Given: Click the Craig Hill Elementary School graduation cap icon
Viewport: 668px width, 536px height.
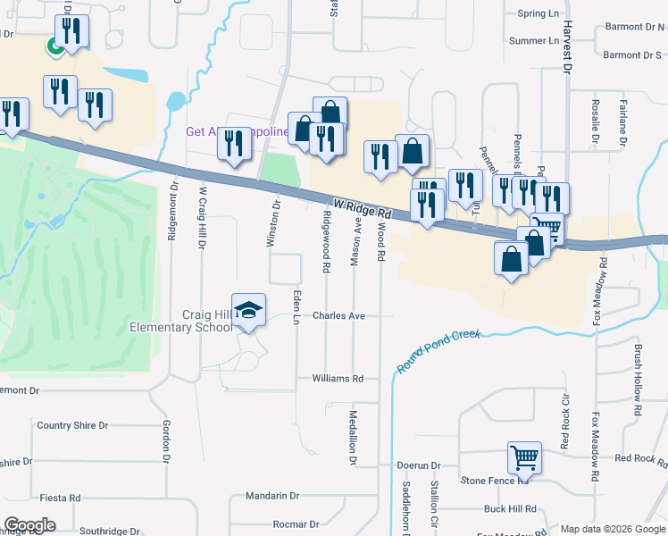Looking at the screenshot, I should (x=249, y=309).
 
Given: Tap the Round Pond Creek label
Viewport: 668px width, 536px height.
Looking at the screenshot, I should (x=438, y=351).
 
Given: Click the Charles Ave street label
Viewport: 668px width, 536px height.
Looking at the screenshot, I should (x=338, y=316).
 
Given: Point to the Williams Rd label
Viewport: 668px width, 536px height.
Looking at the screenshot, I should (x=338, y=379).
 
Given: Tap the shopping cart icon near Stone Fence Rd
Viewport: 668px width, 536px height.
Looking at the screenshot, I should (x=524, y=457).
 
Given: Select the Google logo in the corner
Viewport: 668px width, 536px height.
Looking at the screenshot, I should (x=29, y=525).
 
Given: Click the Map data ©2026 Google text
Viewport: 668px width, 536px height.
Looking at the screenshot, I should (x=613, y=529).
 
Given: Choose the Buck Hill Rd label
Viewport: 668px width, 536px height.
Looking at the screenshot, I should (x=509, y=509).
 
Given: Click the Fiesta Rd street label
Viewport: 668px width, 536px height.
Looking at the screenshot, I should (x=61, y=498).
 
